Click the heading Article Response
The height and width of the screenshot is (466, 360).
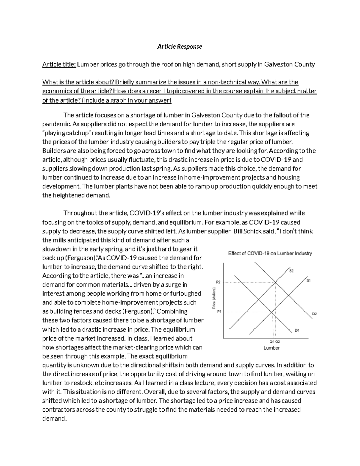point(180,47)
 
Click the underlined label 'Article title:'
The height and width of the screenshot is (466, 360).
point(59,65)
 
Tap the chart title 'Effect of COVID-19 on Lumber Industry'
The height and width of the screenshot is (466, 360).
point(270,253)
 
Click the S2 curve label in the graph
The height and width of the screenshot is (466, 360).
point(291,271)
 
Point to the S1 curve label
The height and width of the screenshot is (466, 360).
point(308,281)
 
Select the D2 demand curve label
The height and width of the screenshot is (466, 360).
point(314,314)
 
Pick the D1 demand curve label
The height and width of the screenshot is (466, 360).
point(297,331)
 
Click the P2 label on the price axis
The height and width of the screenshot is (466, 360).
point(218,282)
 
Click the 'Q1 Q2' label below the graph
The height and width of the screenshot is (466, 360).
point(274,341)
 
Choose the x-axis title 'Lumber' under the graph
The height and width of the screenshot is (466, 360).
point(271,348)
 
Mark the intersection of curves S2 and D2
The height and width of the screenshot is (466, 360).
point(275,282)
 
